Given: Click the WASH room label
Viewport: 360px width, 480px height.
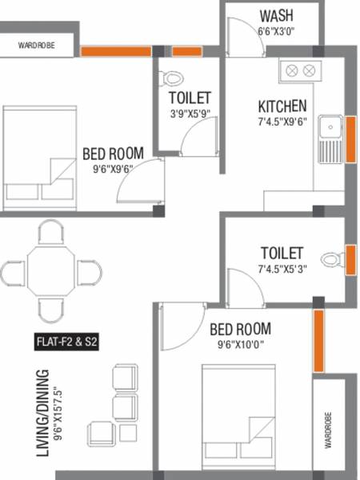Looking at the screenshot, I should [x=276, y=16].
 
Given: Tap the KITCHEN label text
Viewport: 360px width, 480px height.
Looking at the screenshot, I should [x=282, y=106].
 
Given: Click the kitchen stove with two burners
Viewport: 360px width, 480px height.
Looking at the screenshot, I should [x=300, y=70].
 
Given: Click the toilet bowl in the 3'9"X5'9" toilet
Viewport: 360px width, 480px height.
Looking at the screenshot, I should [x=169, y=78].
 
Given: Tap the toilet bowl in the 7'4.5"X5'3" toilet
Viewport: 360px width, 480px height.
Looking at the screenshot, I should [x=331, y=259].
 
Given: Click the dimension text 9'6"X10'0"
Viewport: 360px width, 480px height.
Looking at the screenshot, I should [x=239, y=346].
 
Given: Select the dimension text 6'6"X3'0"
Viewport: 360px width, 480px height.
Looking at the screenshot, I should [x=276, y=31].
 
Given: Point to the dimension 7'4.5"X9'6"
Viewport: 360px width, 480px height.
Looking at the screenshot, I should [x=282, y=122].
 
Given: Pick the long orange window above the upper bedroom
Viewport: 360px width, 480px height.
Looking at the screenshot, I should [x=115, y=52].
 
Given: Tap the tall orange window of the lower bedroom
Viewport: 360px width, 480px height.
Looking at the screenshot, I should [x=318, y=342].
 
